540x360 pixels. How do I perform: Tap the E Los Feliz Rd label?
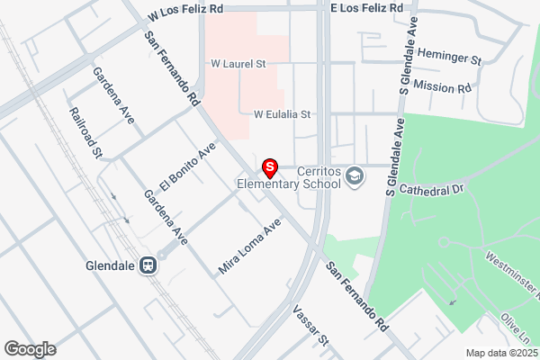[x=367, y=7]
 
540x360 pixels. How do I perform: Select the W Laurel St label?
[x=238, y=64]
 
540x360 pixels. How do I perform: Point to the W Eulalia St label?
[x=282, y=114]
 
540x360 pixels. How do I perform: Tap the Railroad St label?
[x=86, y=133]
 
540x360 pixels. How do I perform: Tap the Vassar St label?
[x=313, y=328]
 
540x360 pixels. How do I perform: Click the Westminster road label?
[x=512, y=274]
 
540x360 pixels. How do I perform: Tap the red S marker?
[x=269, y=167]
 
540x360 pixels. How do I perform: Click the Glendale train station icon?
[x=148, y=266]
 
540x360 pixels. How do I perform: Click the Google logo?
[x=30, y=348]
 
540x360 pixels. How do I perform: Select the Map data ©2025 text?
[x=500, y=353]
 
